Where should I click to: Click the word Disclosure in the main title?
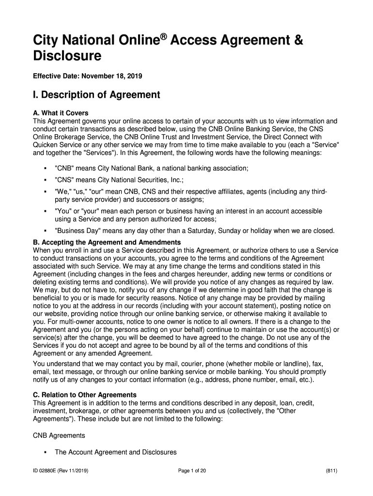tap(67, 56)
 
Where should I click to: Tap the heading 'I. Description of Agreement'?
tap(96, 95)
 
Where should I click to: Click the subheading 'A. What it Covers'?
tap(61, 113)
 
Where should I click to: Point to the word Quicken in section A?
tap(45, 144)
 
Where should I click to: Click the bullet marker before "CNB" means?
tap(44, 168)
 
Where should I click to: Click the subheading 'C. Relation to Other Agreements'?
tap(84, 395)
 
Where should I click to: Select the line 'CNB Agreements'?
tap(59, 435)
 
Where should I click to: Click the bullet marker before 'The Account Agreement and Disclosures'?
tap(44, 452)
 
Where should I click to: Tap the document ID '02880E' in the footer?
tap(49, 471)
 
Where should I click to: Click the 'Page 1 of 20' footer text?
tap(192, 471)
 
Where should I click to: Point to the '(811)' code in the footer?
tap(332, 471)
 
